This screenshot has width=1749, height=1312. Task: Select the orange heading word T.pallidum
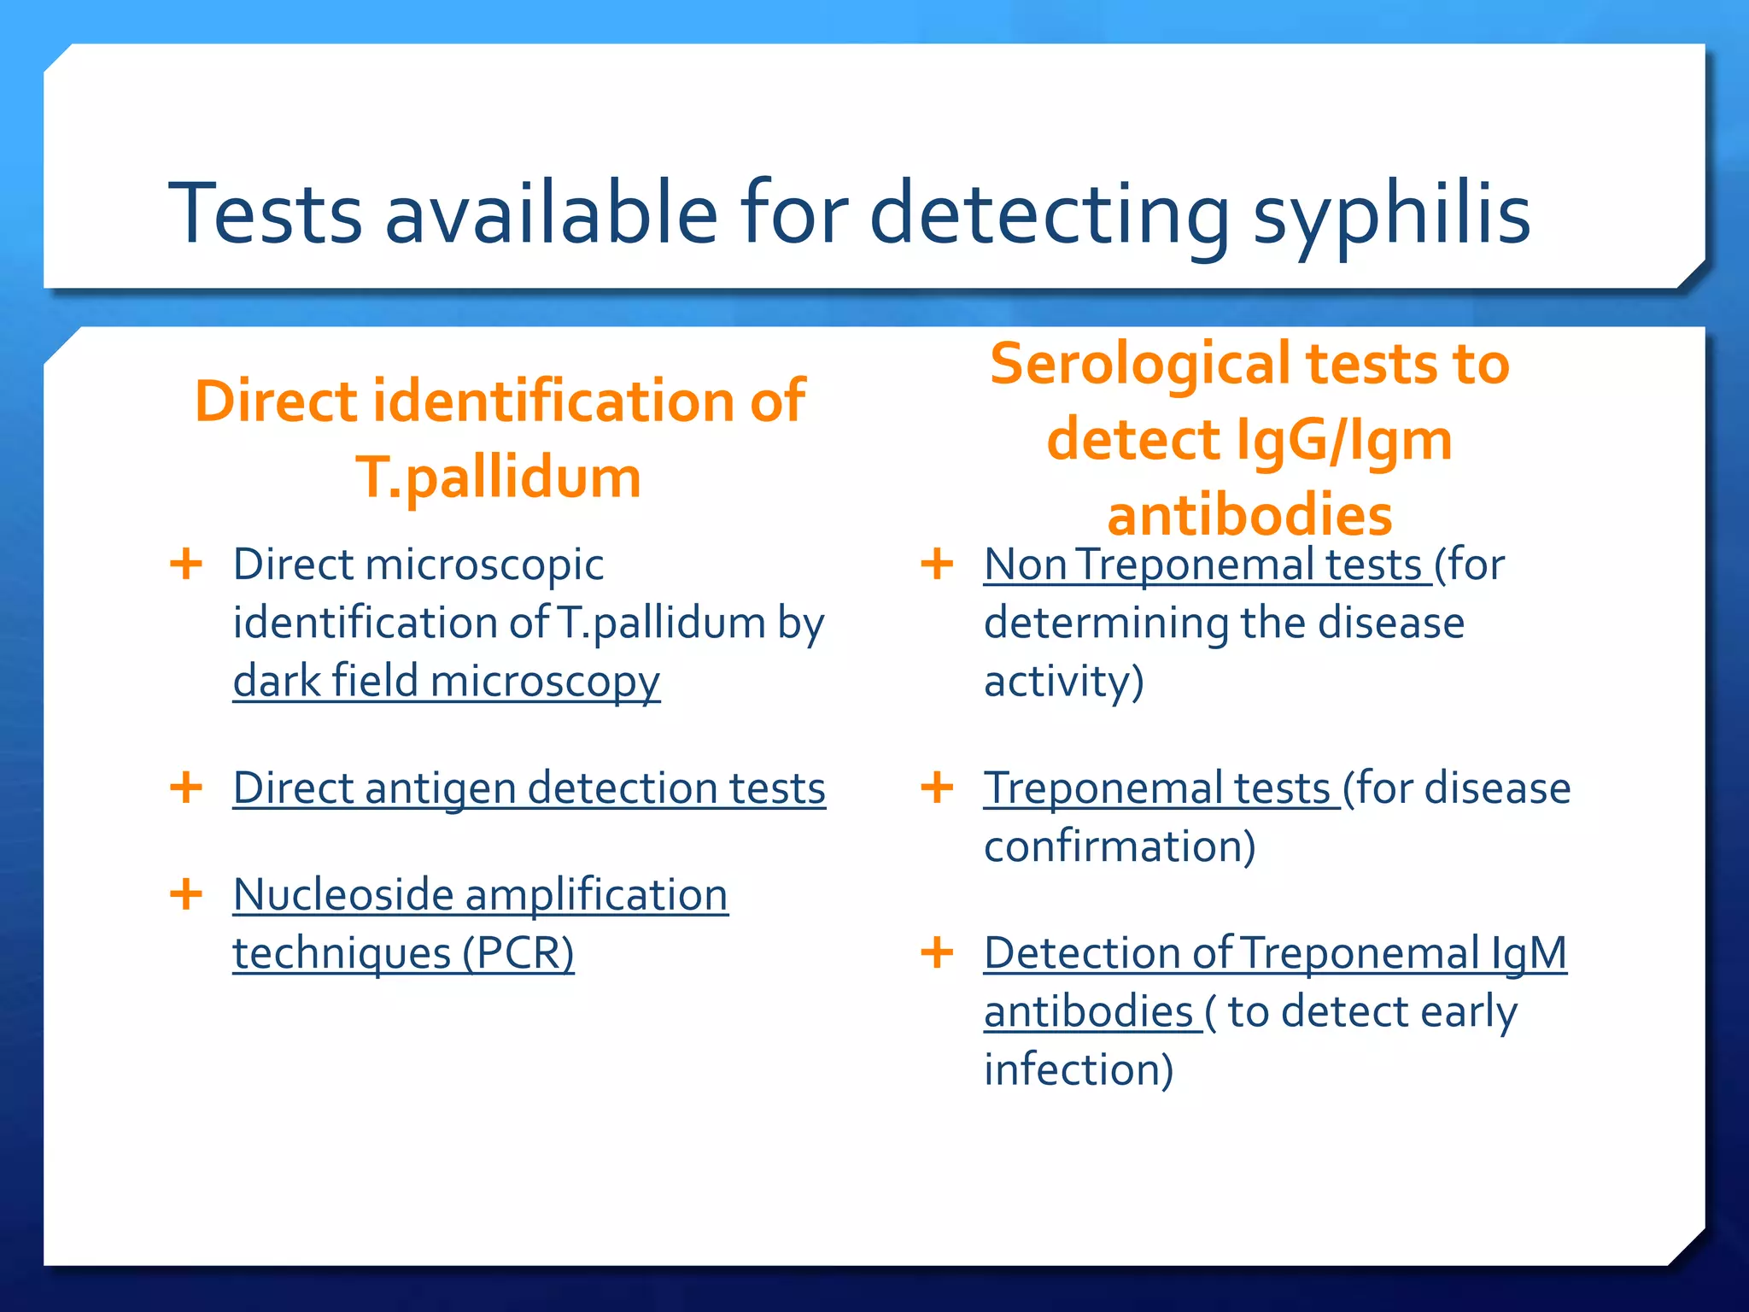(x=498, y=477)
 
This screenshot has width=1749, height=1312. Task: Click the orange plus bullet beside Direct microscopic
(x=186, y=564)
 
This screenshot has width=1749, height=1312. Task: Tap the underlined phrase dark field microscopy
(x=446, y=682)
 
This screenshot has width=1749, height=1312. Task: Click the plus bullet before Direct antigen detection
(x=186, y=787)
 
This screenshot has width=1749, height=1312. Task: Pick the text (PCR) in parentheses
(x=518, y=953)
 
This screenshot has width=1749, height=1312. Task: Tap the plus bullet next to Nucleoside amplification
(x=186, y=894)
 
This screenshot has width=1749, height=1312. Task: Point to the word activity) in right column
(x=1063, y=682)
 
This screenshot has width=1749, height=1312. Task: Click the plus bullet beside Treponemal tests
(x=937, y=787)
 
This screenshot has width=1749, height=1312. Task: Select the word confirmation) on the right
(x=1120, y=846)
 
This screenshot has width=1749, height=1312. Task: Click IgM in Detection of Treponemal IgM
(x=1529, y=953)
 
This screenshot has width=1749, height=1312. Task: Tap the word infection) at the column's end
(x=1079, y=1069)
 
